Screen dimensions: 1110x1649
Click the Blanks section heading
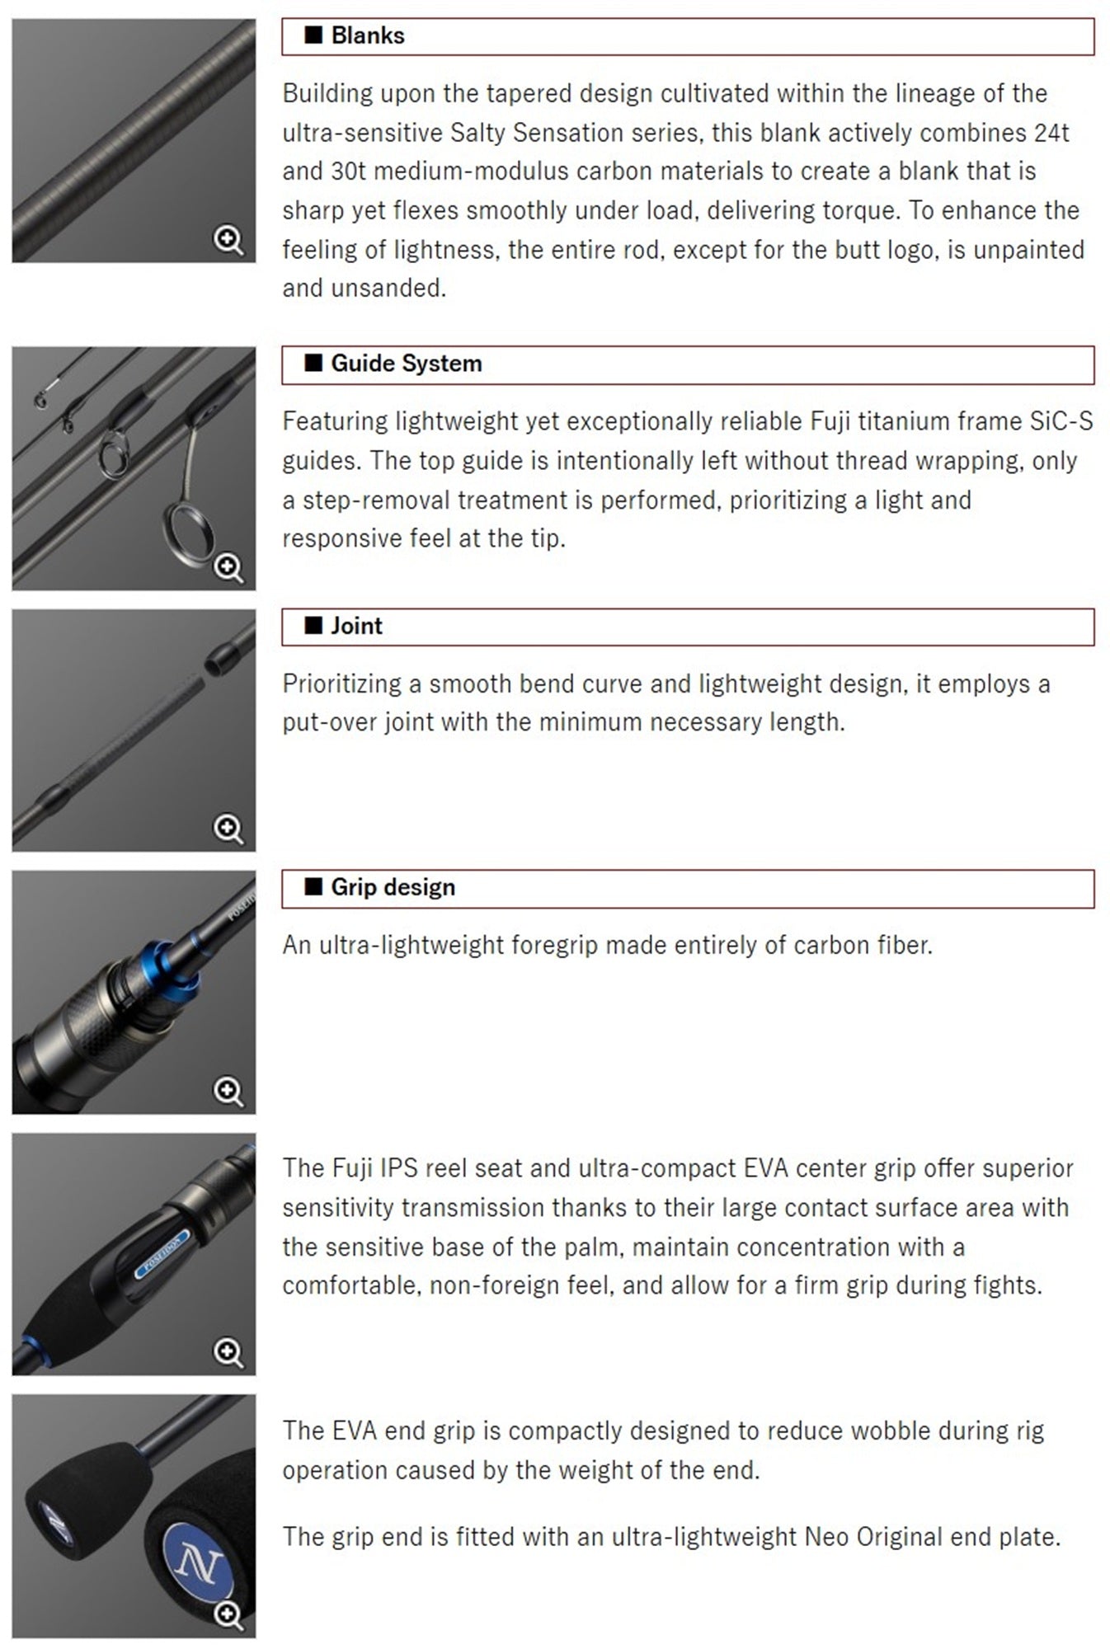368,35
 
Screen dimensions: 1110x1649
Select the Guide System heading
407,364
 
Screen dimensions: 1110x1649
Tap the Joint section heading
356,626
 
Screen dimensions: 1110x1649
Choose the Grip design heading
393,887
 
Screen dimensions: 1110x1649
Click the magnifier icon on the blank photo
228,241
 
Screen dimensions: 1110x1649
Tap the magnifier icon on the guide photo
228,568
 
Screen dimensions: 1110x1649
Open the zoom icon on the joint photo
228,829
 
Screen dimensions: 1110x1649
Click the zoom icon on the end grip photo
228,1615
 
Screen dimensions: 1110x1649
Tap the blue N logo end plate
199,1561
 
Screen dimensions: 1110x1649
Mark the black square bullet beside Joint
313,625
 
